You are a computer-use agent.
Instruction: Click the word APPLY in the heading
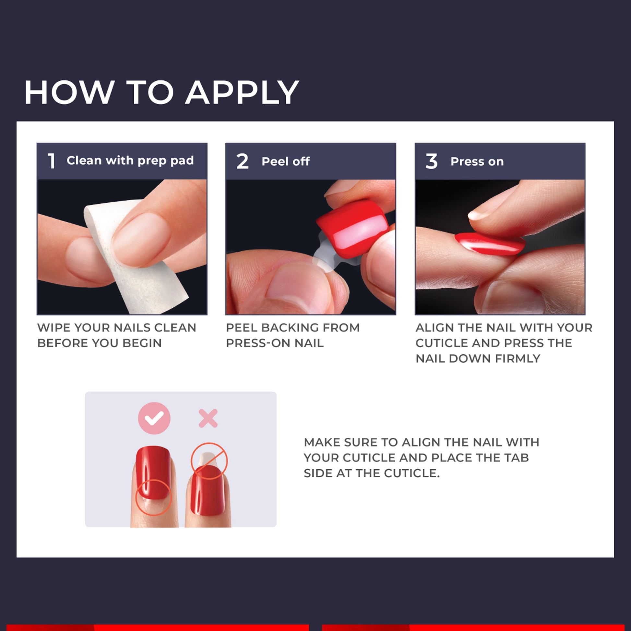pos(242,92)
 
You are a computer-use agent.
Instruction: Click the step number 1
pos(52,161)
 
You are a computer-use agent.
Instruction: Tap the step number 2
pos(242,161)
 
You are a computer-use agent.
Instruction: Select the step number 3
pos(432,161)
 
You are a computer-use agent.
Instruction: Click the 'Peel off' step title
pos(286,161)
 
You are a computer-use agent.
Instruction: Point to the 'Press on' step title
pos(477,161)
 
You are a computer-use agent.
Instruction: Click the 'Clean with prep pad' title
pos(130,161)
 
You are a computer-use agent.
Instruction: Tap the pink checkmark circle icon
pos(154,418)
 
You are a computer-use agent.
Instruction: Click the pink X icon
pos(208,418)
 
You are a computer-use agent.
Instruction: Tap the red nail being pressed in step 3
pos(490,244)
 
